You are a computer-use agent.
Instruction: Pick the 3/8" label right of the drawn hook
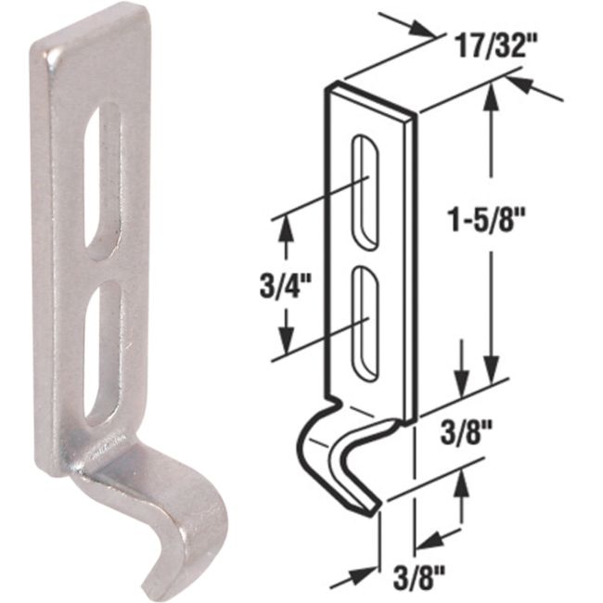point(461,433)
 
